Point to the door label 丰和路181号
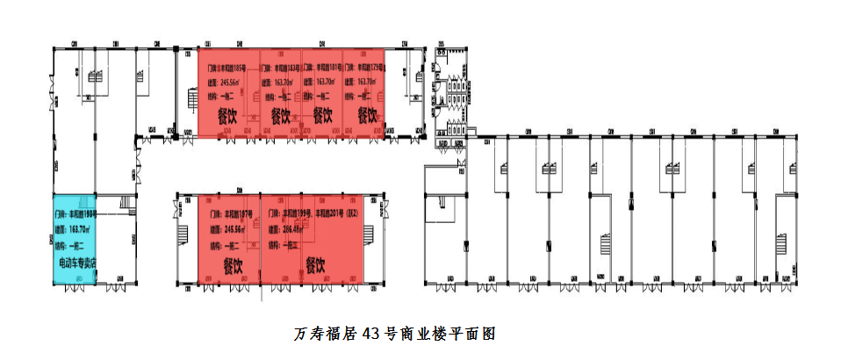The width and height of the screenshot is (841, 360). point(324,67)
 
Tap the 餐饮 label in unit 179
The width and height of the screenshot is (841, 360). point(367,114)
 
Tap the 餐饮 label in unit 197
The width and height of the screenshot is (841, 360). point(233,263)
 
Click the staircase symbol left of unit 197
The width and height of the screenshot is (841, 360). point(183,235)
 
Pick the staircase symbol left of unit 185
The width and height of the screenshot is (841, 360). point(190,99)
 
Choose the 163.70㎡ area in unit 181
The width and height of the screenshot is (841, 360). point(317,82)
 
